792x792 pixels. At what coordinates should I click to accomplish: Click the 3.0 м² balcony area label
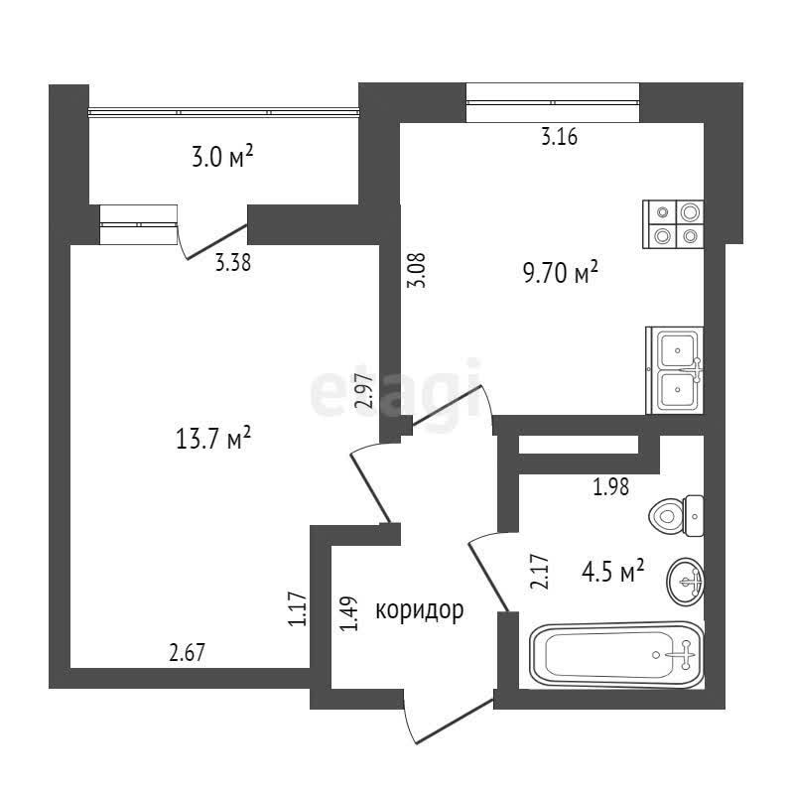[x=221, y=156]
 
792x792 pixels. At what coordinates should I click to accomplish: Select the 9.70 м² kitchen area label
[x=560, y=271]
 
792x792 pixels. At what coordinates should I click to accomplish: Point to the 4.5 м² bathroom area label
[x=612, y=571]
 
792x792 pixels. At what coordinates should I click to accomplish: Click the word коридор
[x=419, y=610]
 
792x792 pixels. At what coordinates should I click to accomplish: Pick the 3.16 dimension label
[x=559, y=138]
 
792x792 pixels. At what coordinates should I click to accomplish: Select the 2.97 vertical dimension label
[x=364, y=391]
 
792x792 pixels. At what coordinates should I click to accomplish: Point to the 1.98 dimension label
[x=609, y=486]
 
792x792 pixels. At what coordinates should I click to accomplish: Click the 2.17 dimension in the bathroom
[x=540, y=572]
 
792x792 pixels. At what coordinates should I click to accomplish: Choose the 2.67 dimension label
[x=187, y=652]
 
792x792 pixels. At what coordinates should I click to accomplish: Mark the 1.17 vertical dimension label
[x=295, y=608]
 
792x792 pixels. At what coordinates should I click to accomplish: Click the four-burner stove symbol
[x=674, y=224]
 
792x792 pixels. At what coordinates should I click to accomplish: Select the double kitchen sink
[x=675, y=369]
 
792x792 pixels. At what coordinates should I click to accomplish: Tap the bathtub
[x=615, y=655]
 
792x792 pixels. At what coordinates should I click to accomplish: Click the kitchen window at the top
[x=552, y=102]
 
